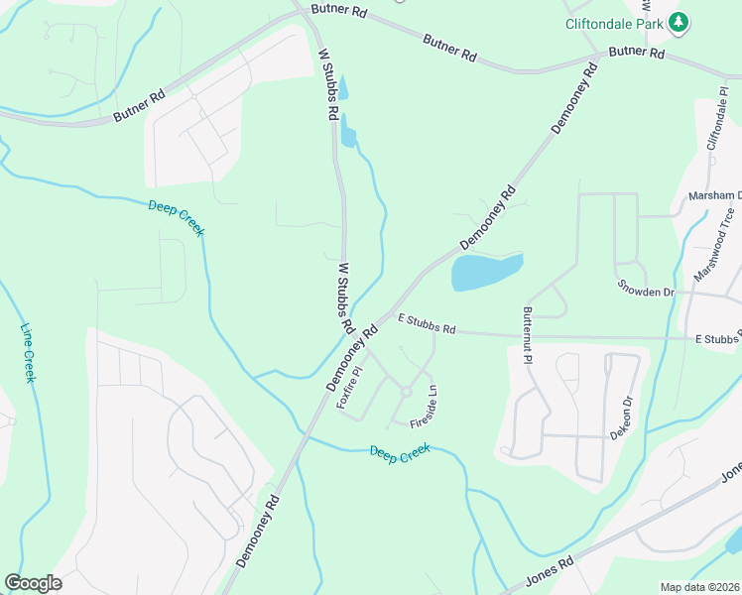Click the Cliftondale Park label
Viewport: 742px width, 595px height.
(x=613, y=22)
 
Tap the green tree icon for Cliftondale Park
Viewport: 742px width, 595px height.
(x=678, y=22)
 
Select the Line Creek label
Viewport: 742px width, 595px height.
(x=28, y=353)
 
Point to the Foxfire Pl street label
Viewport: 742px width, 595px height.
(x=348, y=388)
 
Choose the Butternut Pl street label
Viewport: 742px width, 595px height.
(x=527, y=333)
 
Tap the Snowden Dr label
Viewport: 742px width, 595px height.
(x=646, y=293)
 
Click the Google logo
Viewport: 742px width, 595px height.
(x=33, y=583)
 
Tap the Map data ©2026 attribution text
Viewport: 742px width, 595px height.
(x=699, y=587)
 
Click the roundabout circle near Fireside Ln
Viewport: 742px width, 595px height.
(x=405, y=393)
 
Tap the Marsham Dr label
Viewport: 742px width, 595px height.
(x=715, y=195)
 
